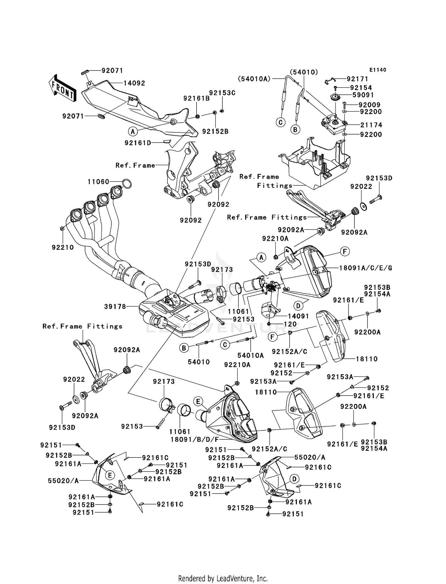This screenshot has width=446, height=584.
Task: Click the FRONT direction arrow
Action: click(x=62, y=89)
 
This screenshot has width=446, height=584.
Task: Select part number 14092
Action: click(x=134, y=83)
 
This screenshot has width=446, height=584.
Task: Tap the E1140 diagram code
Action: click(x=378, y=70)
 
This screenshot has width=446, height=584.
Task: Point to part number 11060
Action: click(x=98, y=182)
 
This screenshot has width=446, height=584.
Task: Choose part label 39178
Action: click(x=115, y=306)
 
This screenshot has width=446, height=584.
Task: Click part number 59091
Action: click(x=363, y=95)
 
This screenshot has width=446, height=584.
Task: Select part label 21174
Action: click(x=371, y=125)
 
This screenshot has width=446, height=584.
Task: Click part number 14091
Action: click(x=298, y=316)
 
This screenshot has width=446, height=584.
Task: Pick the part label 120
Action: click(x=290, y=324)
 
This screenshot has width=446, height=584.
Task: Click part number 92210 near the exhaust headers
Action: click(x=63, y=247)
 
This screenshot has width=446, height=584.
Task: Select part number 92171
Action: click(x=357, y=79)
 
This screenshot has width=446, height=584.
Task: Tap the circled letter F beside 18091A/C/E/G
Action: click(x=345, y=252)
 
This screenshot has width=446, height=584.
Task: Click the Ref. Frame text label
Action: click(x=135, y=165)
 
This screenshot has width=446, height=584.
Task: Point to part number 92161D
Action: click(x=138, y=143)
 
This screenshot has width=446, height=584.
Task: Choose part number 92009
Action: click(x=369, y=105)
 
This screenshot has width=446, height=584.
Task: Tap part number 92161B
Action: click(x=197, y=98)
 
